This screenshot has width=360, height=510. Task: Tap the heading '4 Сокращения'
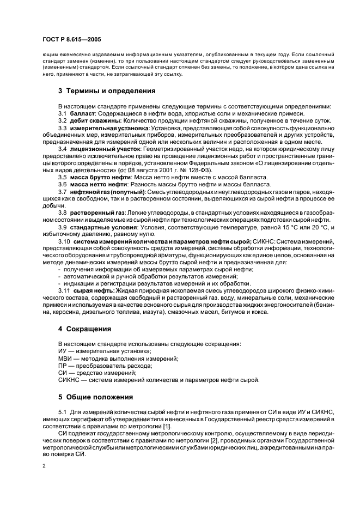coord(85,330)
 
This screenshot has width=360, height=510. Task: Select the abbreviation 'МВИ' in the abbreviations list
coord(64,359)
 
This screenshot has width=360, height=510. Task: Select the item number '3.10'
coord(64,241)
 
